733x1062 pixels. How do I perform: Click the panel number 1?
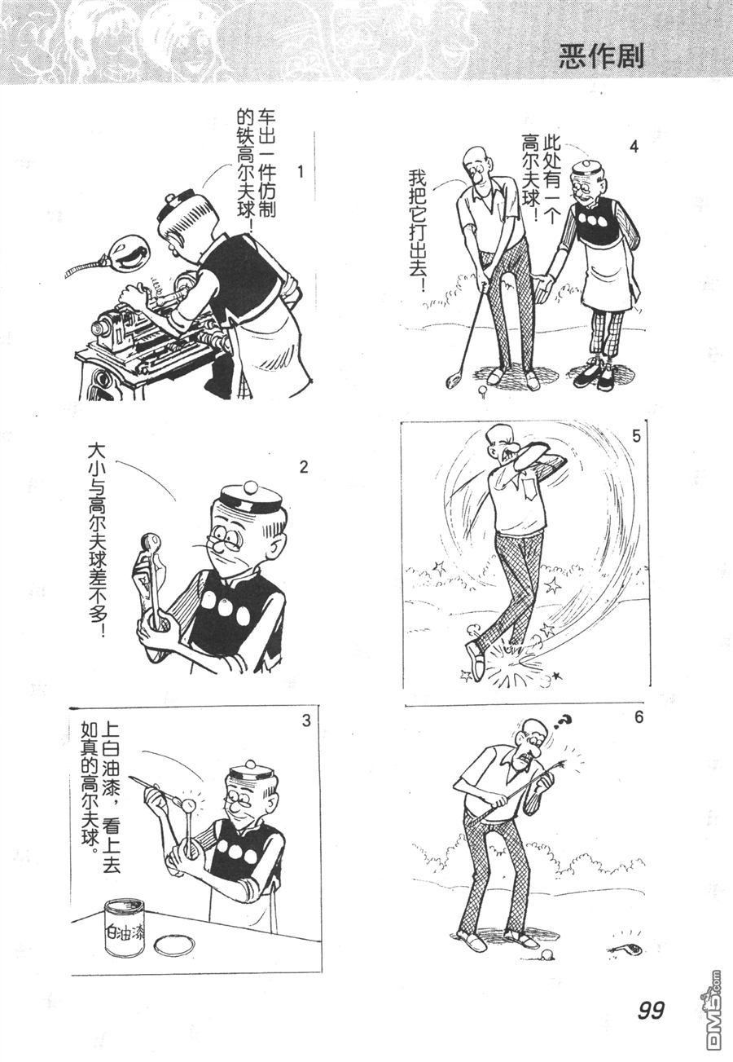[300, 172]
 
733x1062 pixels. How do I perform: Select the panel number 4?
[634, 147]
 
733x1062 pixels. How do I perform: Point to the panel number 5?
[636, 436]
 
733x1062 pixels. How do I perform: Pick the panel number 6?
[639, 717]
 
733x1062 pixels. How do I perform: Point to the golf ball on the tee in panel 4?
[482, 390]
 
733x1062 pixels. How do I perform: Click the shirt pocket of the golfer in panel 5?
[531, 488]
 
